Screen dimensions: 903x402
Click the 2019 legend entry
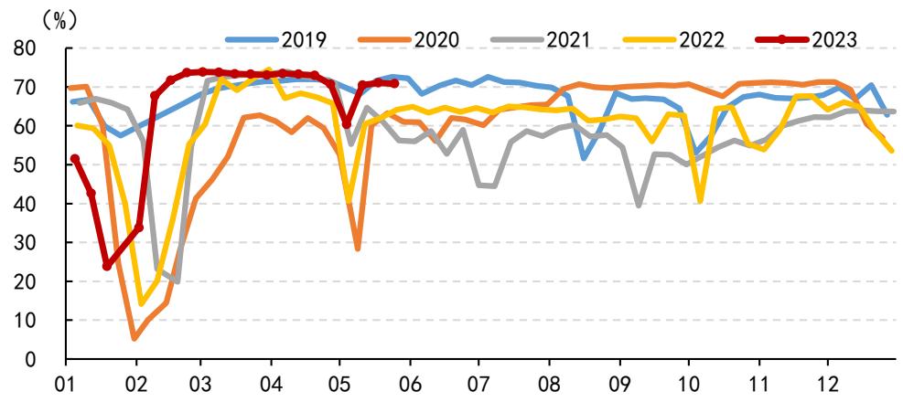276,39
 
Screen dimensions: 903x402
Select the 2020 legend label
409,39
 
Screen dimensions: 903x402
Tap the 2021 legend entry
542,39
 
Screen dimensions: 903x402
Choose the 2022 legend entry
674,39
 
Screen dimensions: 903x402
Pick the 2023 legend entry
807,39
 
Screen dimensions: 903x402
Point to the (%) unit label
59,21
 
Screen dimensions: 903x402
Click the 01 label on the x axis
67,383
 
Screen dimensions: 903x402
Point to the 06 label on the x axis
410,383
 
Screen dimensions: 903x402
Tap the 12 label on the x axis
828,383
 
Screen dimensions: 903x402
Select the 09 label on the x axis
619,383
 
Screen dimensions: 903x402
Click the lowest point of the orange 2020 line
134,339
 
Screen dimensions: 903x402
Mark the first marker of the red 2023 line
75,158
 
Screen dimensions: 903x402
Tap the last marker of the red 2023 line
394,84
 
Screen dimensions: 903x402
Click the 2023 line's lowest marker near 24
107,267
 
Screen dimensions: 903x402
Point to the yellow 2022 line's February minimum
142,303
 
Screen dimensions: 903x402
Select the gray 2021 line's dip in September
639,206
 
